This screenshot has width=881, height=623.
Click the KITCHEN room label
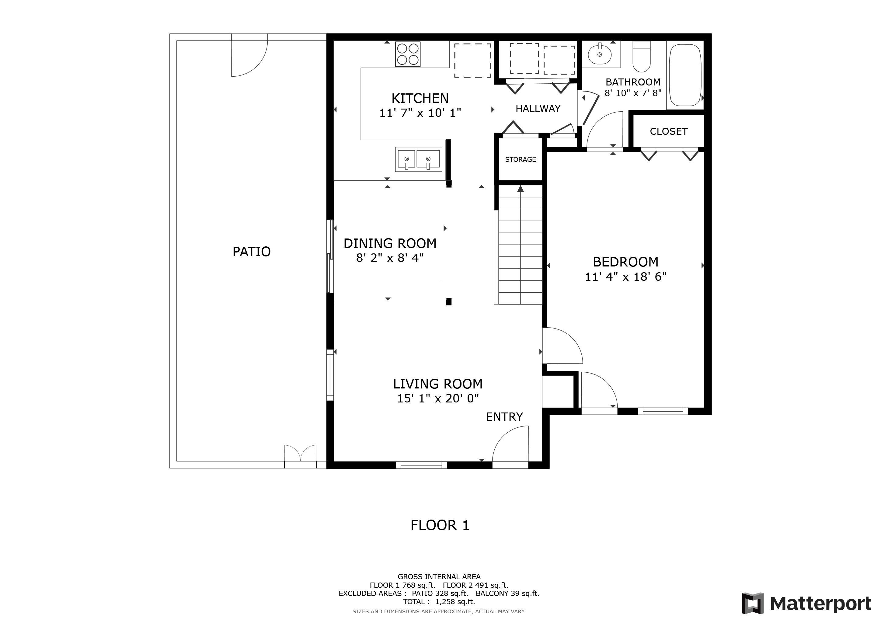tap(420, 98)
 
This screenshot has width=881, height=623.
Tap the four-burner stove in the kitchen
tap(408, 54)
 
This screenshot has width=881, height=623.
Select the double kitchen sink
tap(418, 159)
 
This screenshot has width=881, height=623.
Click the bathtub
tap(685, 75)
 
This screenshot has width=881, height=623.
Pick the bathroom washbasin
tap(599, 54)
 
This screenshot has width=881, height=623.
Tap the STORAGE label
tap(520, 159)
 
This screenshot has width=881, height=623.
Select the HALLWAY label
tap(538, 109)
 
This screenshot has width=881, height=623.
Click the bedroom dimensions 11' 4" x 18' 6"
tap(625, 277)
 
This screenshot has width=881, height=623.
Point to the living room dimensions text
tap(438, 399)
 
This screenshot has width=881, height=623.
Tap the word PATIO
tap(251, 251)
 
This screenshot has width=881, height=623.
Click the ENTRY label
tap(504, 417)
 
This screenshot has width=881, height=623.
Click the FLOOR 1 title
tap(440, 525)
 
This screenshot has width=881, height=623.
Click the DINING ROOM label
tap(390, 243)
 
